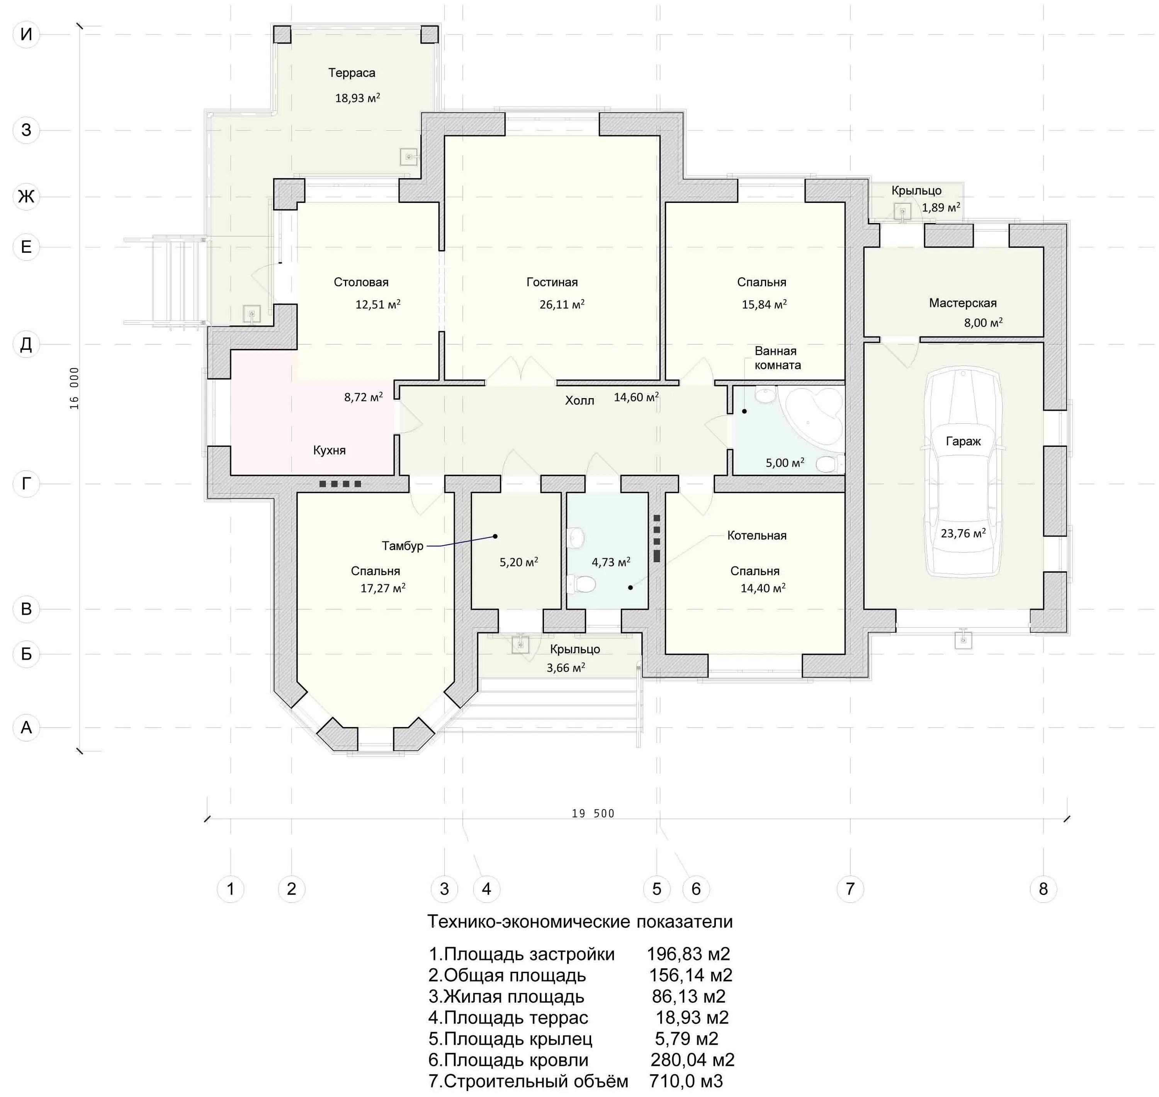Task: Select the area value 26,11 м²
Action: click(562, 304)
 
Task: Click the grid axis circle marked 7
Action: click(850, 889)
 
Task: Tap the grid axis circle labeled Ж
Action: click(26, 196)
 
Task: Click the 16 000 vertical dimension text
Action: click(74, 388)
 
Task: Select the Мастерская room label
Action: click(963, 303)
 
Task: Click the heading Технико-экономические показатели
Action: click(580, 922)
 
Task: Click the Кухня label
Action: click(329, 450)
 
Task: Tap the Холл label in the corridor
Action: click(579, 400)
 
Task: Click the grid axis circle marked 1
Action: click(230, 889)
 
